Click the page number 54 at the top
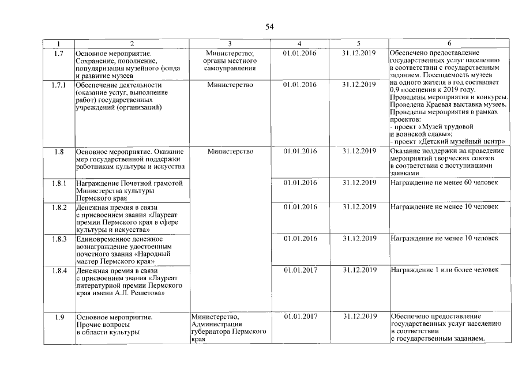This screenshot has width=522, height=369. [x=269, y=27]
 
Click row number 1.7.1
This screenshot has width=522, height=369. [x=58, y=85]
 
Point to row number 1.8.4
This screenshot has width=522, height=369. [x=58, y=270]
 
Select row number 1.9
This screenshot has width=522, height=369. [x=58, y=317]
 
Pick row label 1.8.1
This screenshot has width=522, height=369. [x=58, y=183]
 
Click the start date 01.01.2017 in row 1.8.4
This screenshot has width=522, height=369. [x=301, y=270]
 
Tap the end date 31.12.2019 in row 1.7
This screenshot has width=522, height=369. [x=359, y=53]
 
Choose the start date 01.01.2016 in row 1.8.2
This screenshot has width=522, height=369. [x=301, y=206]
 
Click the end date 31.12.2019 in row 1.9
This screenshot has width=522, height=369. [x=359, y=317]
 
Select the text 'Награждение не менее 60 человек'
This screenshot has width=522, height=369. [x=444, y=183]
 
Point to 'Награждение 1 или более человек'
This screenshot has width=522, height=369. [x=444, y=270]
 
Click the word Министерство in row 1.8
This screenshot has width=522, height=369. [x=230, y=152]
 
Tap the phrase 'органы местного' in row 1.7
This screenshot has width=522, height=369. [x=230, y=61]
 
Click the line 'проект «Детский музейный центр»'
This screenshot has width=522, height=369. [x=450, y=141]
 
